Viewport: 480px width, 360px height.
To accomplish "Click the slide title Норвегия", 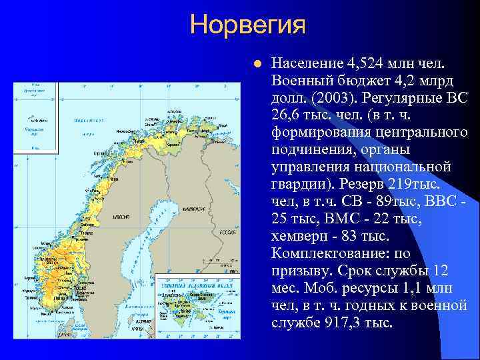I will [248, 25].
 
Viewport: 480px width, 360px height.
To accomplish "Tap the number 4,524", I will [368, 63].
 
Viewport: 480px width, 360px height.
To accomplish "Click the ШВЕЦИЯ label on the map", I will [121, 217].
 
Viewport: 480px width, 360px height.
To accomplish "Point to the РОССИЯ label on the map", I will [229, 233].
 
